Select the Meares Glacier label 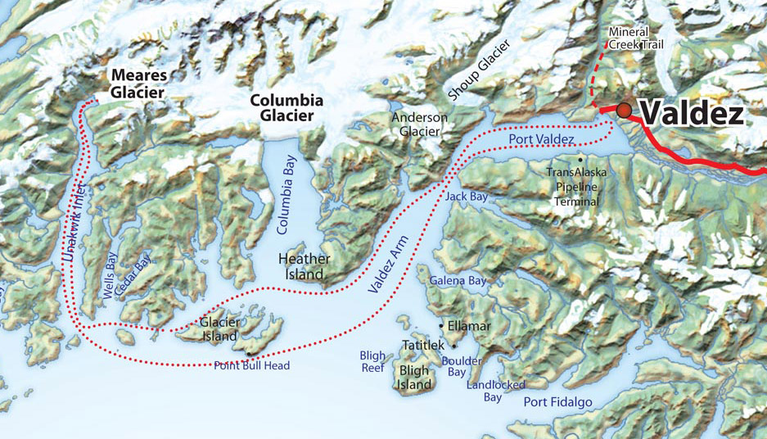[138, 84]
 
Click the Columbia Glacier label [286, 108]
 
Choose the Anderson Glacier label [420, 124]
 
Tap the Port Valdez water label [541, 141]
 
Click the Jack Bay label [467, 197]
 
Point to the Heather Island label [305, 266]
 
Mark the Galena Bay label [458, 281]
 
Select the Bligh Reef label [372, 362]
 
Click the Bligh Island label [414, 378]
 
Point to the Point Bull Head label [251, 365]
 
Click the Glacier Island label [219, 328]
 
